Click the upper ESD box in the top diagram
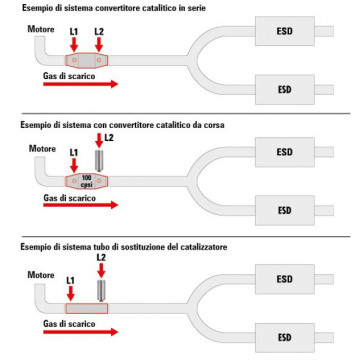285,31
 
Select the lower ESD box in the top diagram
285,90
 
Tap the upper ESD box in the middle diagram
285,152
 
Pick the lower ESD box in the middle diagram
285,210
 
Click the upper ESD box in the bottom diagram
285,279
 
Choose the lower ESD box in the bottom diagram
285,337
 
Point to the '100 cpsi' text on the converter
87,181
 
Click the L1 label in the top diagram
74,32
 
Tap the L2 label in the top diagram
99,32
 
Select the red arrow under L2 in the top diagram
99,44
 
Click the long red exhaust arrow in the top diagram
81,84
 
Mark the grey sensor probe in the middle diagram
100,161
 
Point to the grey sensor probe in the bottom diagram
101,291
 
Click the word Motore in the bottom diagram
41,275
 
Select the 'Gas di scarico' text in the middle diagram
69,198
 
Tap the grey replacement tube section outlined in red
87,308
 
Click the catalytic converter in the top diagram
87,60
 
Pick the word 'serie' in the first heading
196,8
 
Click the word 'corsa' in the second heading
214,125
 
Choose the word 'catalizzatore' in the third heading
204,247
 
